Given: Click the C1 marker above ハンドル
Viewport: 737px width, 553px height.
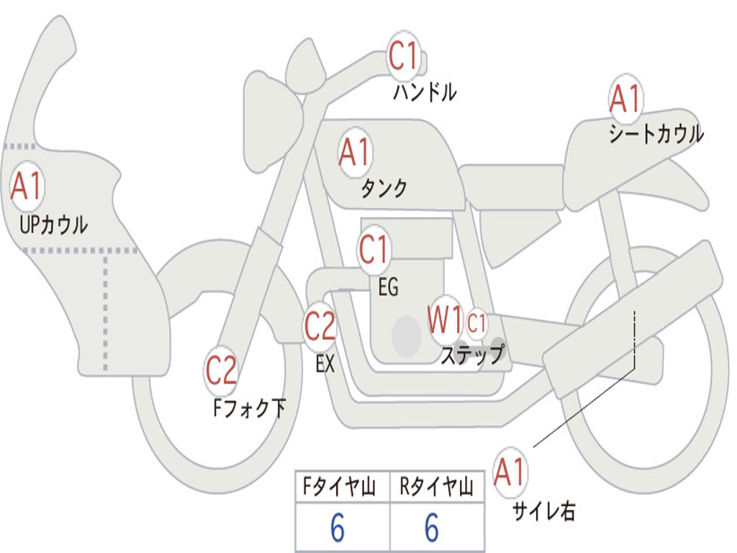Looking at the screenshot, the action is coord(404,55).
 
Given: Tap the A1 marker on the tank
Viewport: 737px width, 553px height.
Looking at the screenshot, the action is coord(354,152).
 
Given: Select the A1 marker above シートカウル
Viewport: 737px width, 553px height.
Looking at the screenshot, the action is coord(625,99).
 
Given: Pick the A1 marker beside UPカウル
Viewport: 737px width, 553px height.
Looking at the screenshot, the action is coord(27,186).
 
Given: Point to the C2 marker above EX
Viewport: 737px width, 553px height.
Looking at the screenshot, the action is coord(320,327).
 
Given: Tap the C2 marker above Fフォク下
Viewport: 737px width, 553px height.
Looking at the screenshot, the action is coord(221,371).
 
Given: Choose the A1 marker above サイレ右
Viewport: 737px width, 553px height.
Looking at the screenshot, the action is coord(510,472).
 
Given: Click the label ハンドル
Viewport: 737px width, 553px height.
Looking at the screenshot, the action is coord(425,92).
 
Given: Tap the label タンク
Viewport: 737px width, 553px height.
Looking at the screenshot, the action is coord(384,189).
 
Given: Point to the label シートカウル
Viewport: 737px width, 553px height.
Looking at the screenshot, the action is coord(656,134).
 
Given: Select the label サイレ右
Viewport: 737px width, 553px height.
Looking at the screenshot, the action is coord(543,511).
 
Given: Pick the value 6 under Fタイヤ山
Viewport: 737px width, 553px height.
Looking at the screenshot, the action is coord(337,529).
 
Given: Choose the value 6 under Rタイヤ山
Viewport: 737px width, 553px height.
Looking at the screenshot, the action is coord(432,529).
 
